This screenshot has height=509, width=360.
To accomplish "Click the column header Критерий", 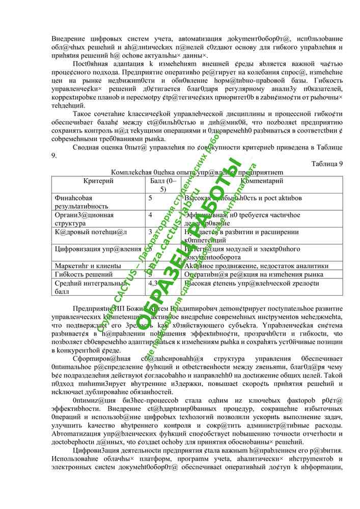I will click(98, 181).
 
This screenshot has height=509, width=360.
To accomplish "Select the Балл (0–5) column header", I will click(163, 185).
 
